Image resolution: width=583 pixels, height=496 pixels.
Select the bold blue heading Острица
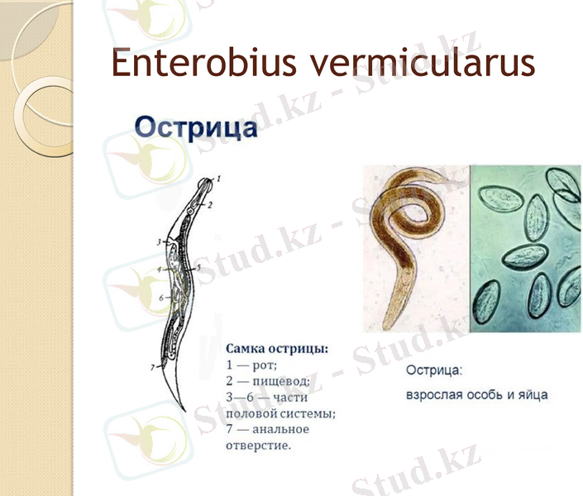click(195, 129)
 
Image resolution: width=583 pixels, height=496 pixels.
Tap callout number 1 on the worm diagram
click(219, 179)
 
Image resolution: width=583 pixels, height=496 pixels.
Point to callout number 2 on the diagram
click(211, 203)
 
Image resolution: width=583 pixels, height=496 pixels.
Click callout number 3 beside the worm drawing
click(158, 242)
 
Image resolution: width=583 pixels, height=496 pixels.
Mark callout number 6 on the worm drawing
click(162, 296)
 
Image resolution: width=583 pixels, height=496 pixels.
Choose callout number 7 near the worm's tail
click(152, 366)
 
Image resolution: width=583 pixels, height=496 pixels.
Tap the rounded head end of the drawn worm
click(207, 181)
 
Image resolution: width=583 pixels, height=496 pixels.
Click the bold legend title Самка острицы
click(276, 349)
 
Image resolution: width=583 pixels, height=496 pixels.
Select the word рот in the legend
click(266, 365)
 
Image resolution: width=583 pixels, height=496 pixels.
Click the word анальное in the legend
click(280, 429)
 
